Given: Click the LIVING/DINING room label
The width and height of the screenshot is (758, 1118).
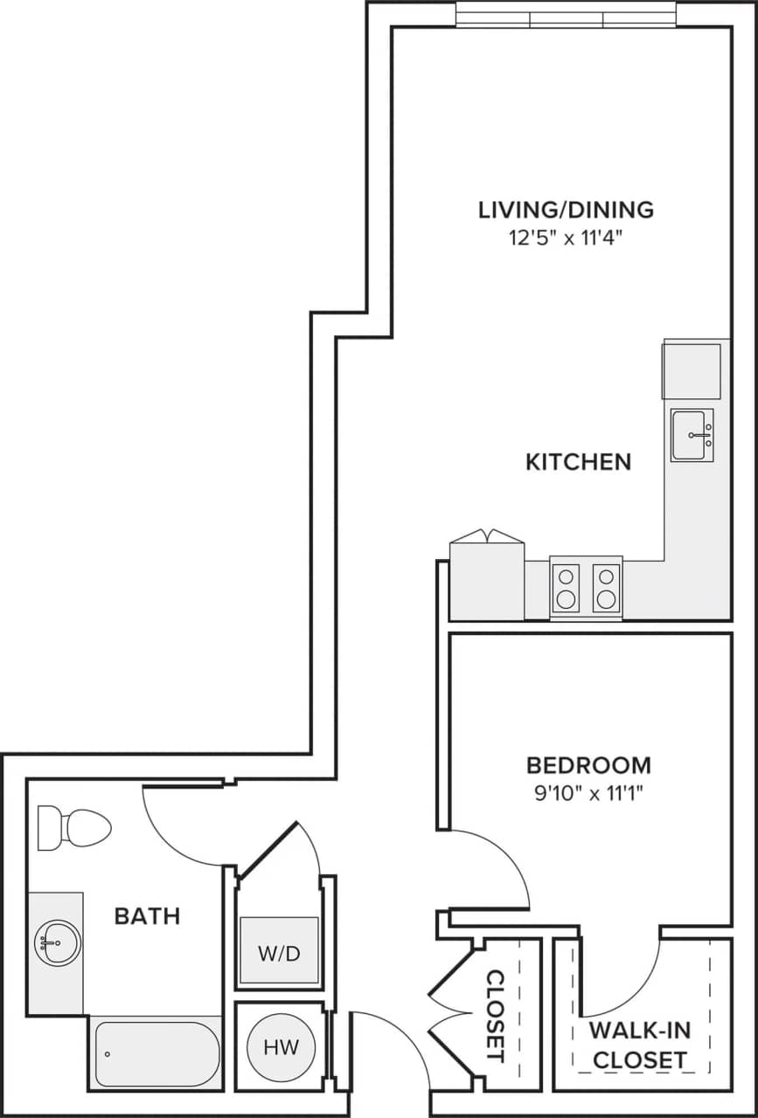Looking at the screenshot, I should pyautogui.click(x=566, y=210).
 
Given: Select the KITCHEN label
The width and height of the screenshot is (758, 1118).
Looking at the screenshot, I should pyautogui.click(x=578, y=462).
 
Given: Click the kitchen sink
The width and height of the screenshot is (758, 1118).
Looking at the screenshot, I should pyautogui.click(x=692, y=435).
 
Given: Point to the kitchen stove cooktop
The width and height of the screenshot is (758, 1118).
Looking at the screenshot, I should pyautogui.click(x=586, y=588).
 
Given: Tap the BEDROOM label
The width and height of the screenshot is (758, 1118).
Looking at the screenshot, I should pyautogui.click(x=588, y=765).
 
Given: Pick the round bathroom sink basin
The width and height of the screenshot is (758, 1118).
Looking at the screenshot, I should pyautogui.click(x=57, y=942).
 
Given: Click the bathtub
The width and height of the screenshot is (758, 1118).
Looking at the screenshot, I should pyautogui.click(x=156, y=1053).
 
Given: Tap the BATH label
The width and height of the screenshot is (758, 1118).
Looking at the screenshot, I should pyautogui.click(x=147, y=916).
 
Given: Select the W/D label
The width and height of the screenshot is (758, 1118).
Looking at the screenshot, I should pyautogui.click(x=279, y=953).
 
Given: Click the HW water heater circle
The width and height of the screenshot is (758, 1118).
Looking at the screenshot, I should pyautogui.click(x=281, y=1047).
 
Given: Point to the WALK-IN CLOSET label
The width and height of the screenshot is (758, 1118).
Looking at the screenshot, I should pyautogui.click(x=639, y=1045).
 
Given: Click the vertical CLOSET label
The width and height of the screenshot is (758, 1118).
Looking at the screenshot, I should pyautogui.click(x=495, y=1015).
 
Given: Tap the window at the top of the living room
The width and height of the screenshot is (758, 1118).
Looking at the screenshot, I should pyautogui.click(x=566, y=15).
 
